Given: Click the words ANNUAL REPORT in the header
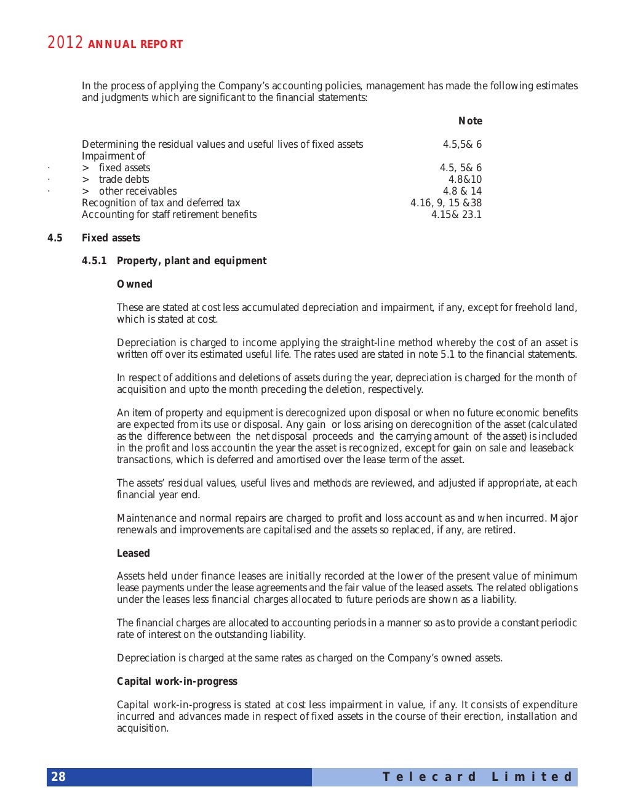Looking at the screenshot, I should point(135,44).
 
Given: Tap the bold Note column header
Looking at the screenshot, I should point(471,121).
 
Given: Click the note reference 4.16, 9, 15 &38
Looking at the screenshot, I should point(446,203).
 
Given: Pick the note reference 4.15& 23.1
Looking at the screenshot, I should point(457,215).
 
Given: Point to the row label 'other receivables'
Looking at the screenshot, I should point(137,192).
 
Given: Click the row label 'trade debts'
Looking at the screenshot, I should point(124,180).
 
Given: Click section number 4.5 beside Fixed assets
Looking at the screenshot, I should point(55,238).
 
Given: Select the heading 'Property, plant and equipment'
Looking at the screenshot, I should point(191,261).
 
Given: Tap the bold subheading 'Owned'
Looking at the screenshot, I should point(135,285).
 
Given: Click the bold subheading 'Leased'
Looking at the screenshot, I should point(134,554).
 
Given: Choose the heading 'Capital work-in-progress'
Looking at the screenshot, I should point(177,682).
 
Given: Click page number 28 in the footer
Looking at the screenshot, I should point(58,777).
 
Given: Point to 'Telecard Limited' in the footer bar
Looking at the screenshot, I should point(477,777).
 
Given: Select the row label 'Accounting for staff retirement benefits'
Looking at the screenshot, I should point(169,215).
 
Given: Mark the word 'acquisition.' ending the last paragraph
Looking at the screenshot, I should point(143,729).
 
